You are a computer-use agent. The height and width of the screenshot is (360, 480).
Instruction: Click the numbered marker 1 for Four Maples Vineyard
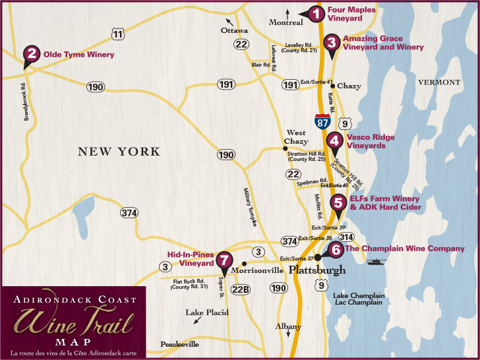click(317, 13)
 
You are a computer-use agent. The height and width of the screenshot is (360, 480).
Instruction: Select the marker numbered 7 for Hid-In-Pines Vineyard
click(225, 260)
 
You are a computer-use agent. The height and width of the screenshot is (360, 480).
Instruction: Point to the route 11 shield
click(117, 34)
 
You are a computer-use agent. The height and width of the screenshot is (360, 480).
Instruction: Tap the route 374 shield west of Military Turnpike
click(129, 212)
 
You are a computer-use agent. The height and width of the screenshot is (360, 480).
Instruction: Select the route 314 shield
click(347, 236)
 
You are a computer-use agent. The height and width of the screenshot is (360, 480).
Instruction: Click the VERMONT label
click(438, 82)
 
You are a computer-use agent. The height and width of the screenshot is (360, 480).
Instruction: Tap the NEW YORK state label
click(119, 152)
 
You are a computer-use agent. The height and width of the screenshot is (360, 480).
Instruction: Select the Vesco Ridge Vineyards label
click(371, 141)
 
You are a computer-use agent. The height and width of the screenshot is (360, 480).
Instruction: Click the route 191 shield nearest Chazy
click(290, 84)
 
